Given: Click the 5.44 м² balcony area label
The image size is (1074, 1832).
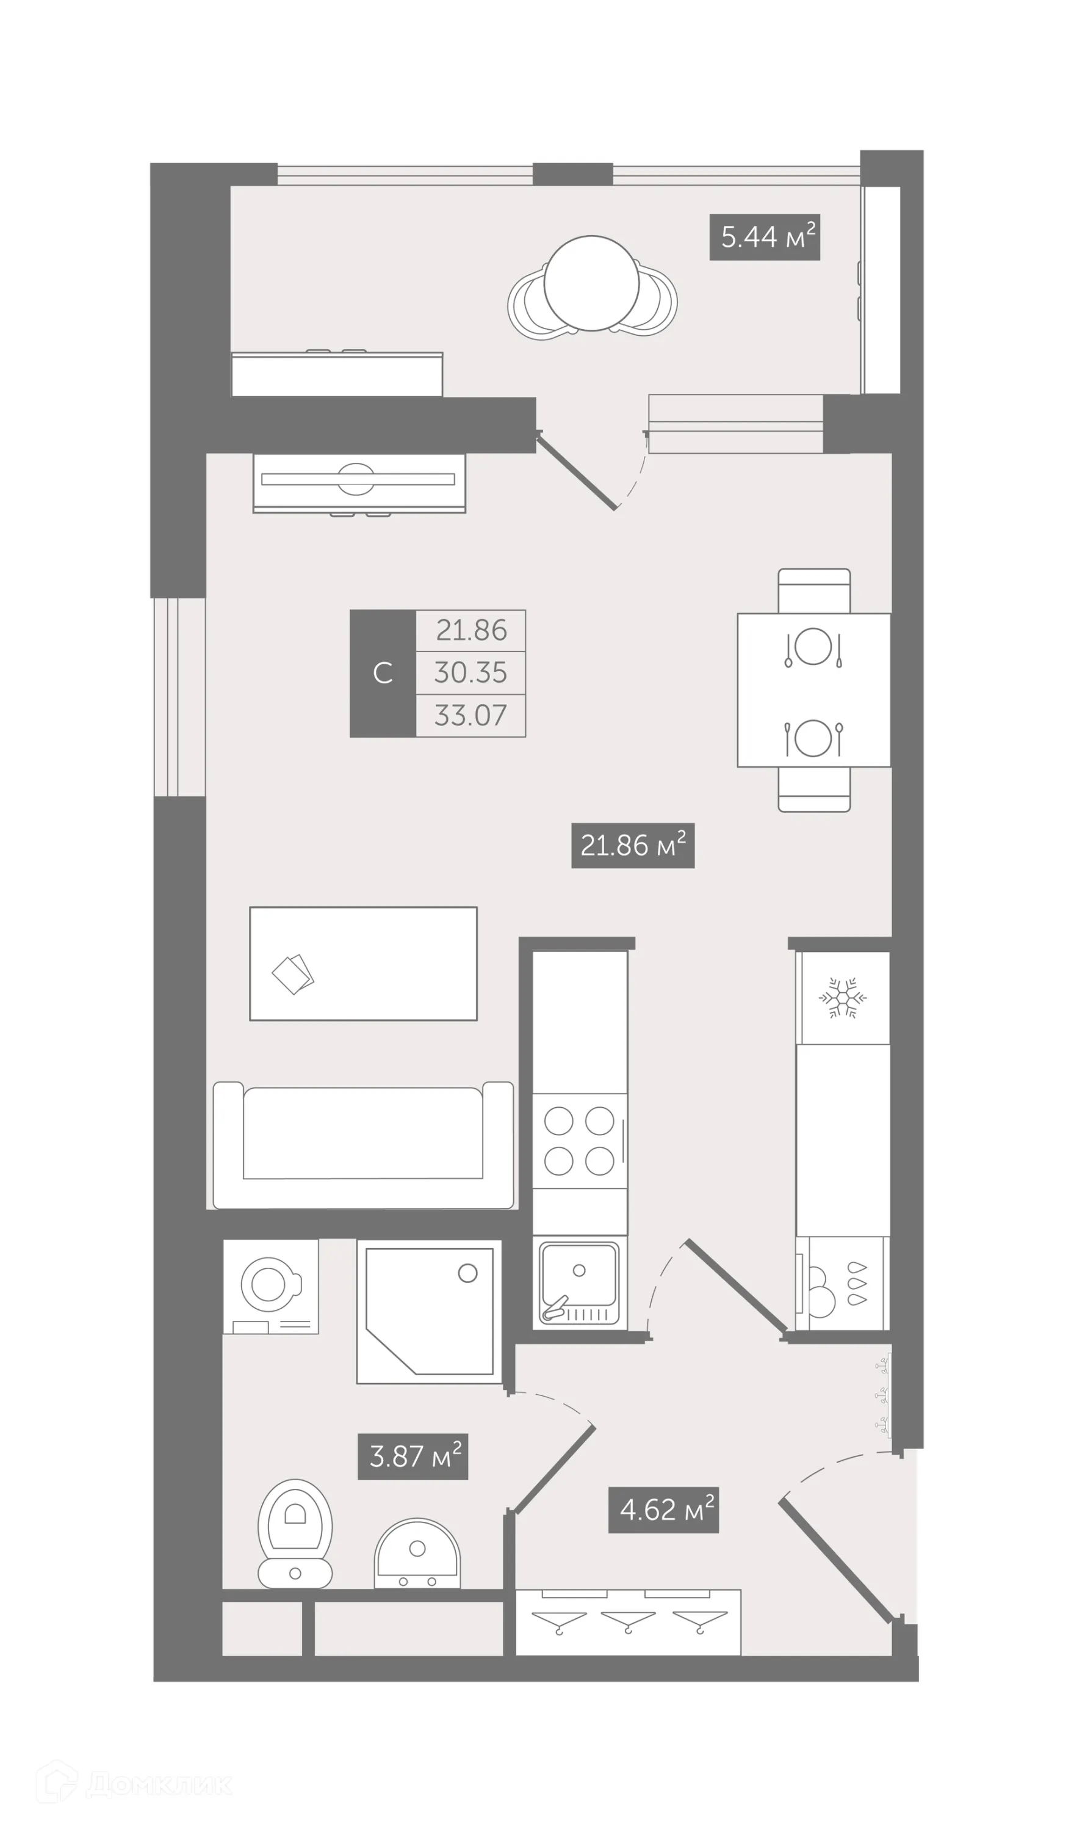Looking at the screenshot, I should tap(765, 237).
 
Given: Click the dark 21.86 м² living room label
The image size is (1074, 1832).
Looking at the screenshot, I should tap(632, 846).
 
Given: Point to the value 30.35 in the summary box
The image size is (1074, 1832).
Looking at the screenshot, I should tap(470, 672).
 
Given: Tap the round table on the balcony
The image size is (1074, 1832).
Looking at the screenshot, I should tap(591, 283).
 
